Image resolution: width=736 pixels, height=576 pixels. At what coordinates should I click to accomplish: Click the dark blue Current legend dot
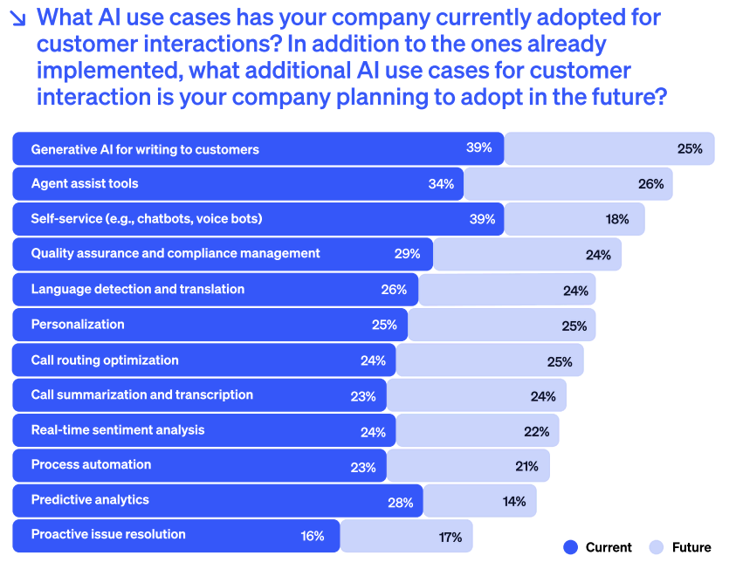[571, 547]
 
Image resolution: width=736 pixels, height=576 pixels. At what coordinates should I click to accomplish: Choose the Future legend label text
[691, 547]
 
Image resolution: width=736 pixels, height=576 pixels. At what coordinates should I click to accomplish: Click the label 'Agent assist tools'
[85, 183]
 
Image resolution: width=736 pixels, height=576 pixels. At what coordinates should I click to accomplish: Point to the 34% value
[441, 184]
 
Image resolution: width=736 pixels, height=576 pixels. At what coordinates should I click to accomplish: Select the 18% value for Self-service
[617, 219]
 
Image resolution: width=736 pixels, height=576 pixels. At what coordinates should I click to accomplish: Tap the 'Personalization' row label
[78, 324]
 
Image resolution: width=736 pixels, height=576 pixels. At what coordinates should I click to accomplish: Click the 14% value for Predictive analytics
[514, 501]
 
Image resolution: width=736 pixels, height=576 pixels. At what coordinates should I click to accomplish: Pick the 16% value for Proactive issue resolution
[313, 536]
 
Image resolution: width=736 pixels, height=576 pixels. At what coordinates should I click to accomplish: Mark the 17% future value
[450, 537]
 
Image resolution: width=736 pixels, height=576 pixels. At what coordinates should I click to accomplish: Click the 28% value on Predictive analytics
[400, 501]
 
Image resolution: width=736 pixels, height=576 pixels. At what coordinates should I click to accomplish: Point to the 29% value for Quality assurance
[407, 254]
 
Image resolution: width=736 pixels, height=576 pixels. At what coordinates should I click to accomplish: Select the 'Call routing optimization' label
[105, 360]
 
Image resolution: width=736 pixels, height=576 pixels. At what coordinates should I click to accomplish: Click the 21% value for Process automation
[526, 466]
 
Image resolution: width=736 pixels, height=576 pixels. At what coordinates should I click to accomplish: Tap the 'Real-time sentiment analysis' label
[118, 429]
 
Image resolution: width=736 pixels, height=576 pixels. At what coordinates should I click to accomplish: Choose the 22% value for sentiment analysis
[537, 431]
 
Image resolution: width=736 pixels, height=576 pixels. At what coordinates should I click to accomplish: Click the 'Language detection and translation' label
[138, 289]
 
